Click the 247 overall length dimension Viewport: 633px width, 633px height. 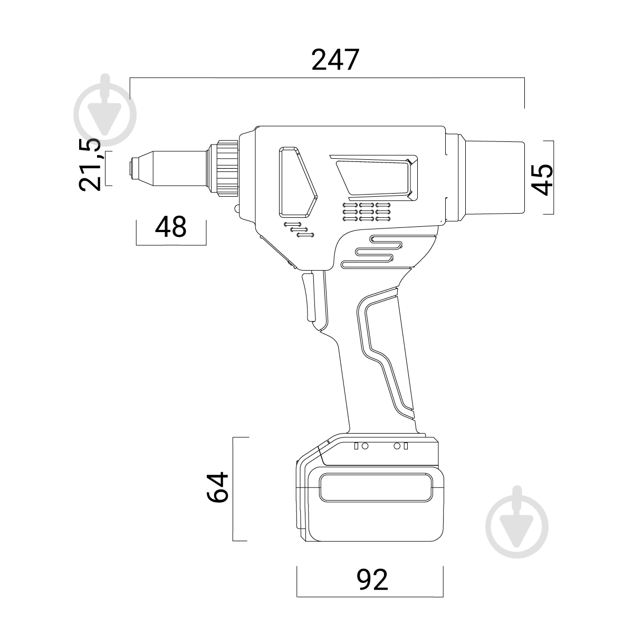pos(335,60)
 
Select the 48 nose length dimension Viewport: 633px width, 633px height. pos(171,227)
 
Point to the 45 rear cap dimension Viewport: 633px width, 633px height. pos(542,179)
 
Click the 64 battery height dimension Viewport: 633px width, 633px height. pos(217,487)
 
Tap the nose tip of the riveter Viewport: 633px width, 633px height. pos(132,169)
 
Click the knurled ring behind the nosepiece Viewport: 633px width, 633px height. pos(227,168)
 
